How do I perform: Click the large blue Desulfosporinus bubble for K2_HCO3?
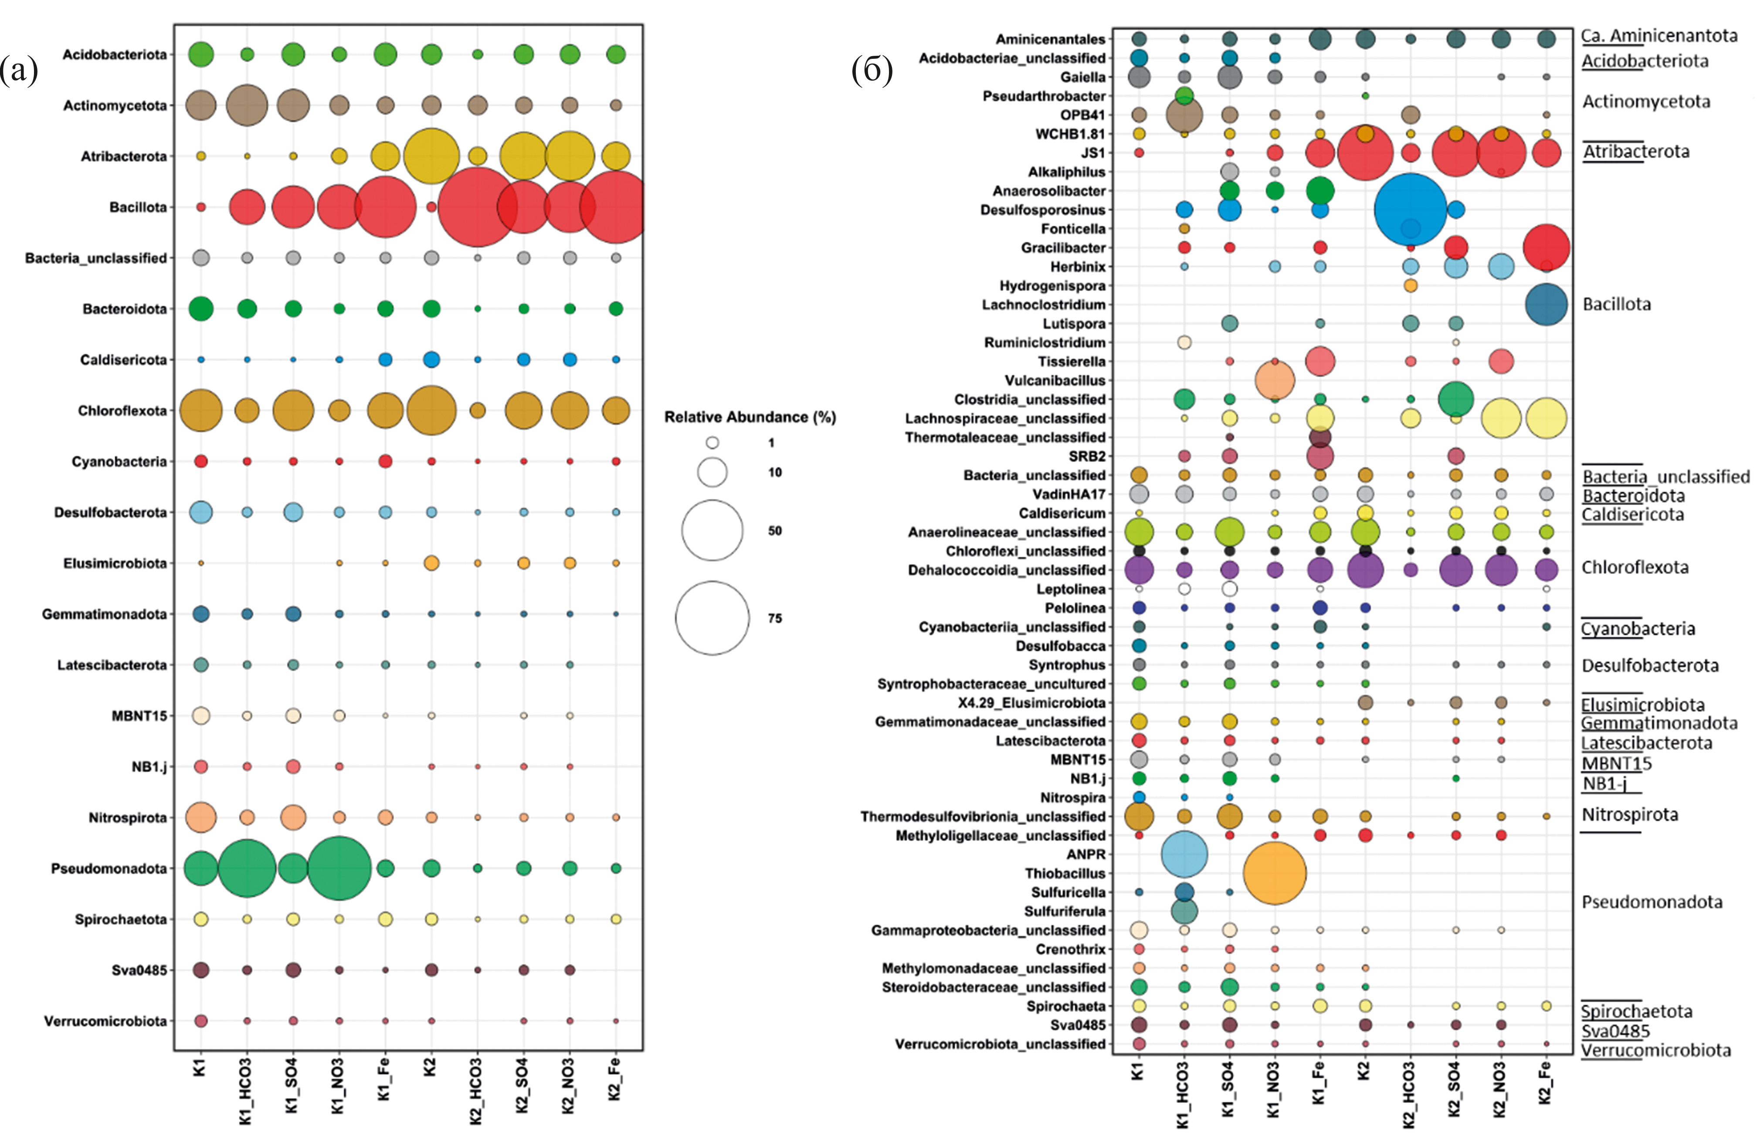[1410, 210]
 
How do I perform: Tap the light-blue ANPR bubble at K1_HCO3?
[1184, 854]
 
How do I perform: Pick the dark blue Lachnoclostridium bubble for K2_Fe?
[1546, 304]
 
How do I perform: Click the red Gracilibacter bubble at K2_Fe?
[1546, 248]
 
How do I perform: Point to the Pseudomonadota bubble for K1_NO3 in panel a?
[339, 868]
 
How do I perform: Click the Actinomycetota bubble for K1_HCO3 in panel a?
[247, 105]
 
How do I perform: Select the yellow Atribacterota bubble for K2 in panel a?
[431, 156]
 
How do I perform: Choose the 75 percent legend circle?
[712, 618]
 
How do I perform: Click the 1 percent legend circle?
[712, 443]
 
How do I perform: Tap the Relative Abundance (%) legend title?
[750, 417]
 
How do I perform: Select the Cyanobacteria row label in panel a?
[119, 461]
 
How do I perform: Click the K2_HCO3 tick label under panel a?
[476, 1091]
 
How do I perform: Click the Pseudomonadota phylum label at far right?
[1652, 902]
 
